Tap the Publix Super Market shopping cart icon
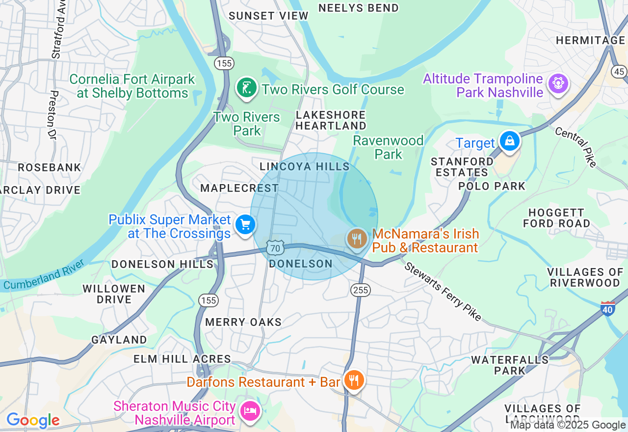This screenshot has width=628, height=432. (x=245, y=225)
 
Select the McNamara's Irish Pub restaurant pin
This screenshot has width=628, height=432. (x=357, y=239)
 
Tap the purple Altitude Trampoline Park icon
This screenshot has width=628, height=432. (x=558, y=83)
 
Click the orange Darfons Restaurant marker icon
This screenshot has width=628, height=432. (x=353, y=380)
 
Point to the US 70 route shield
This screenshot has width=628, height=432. (x=275, y=248)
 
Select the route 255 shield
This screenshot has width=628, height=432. (x=360, y=290)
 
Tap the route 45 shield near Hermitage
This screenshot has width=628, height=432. (x=619, y=72)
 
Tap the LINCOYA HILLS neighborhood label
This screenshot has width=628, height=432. (x=305, y=167)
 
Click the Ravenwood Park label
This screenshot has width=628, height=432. (x=388, y=147)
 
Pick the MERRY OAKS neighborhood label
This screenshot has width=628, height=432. (x=243, y=322)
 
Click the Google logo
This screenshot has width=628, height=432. (x=33, y=420)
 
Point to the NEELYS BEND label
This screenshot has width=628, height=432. (x=359, y=8)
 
